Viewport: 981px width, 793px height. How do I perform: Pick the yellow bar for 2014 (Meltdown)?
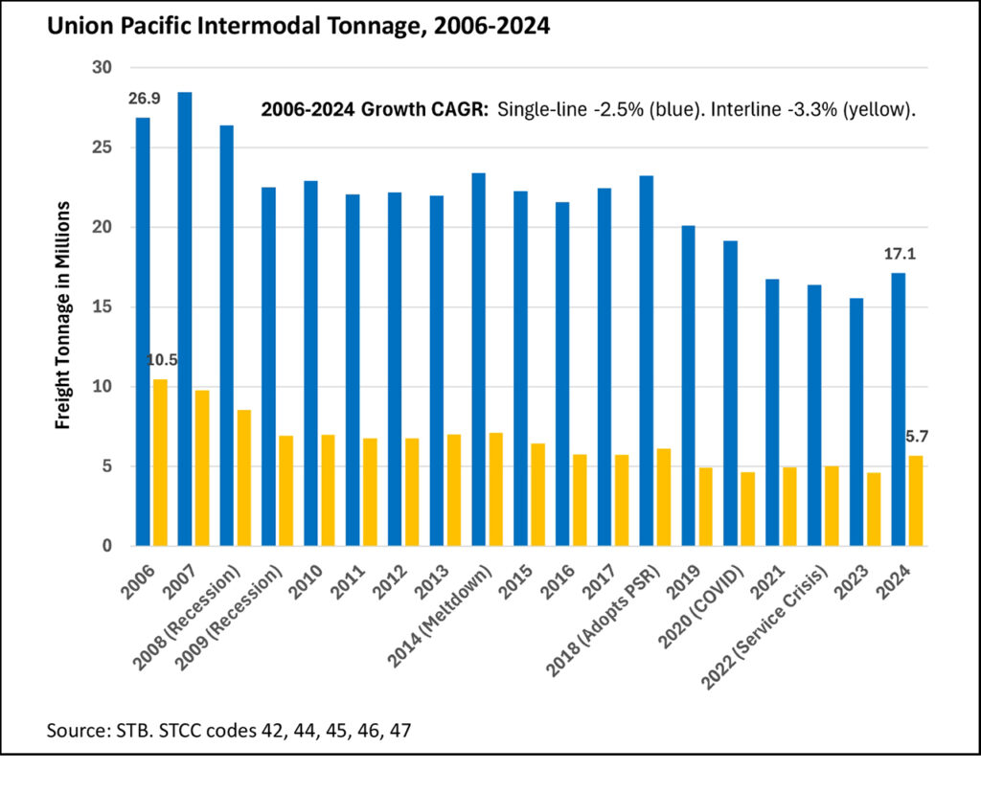pos(495,489)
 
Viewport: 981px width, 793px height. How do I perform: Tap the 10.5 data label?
pos(161,361)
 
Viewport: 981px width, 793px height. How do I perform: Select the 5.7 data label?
pos(917,437)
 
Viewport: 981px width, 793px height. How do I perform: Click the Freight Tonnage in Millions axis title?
pos(63,315)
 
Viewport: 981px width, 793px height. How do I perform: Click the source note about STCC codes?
pos(231,731)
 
